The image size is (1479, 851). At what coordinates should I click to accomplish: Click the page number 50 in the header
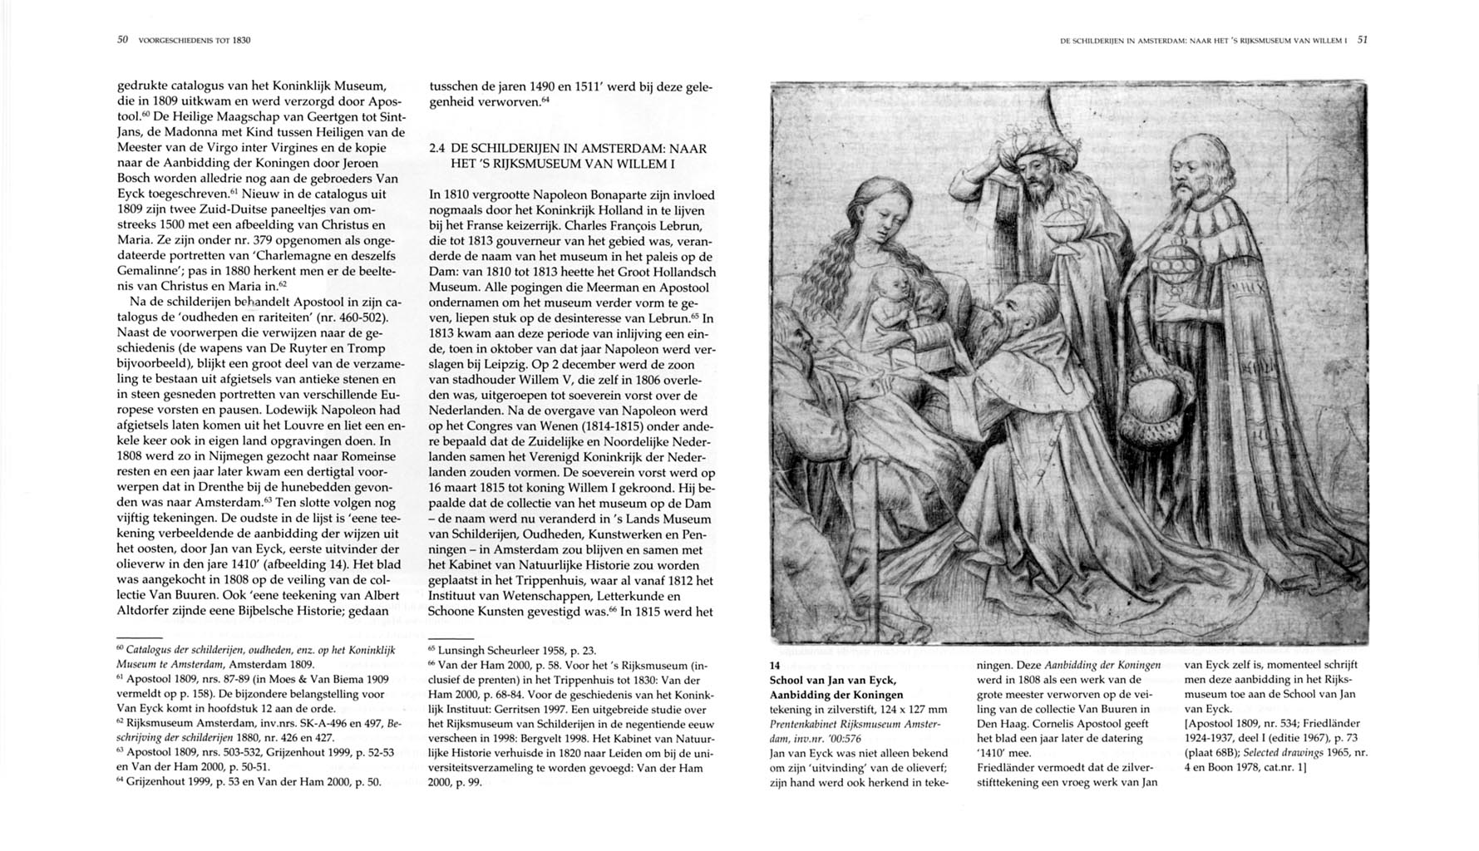click(122, 39)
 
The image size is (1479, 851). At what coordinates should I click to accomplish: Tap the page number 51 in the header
click(1363, 39)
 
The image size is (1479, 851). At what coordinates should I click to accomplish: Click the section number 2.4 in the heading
click(437, 149)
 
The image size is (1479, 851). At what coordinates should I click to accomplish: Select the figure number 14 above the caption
click(776, 666)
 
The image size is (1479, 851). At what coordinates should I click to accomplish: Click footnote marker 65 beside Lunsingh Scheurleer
click(431, 650)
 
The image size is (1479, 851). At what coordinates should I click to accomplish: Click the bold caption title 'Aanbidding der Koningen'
click(836, 695)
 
